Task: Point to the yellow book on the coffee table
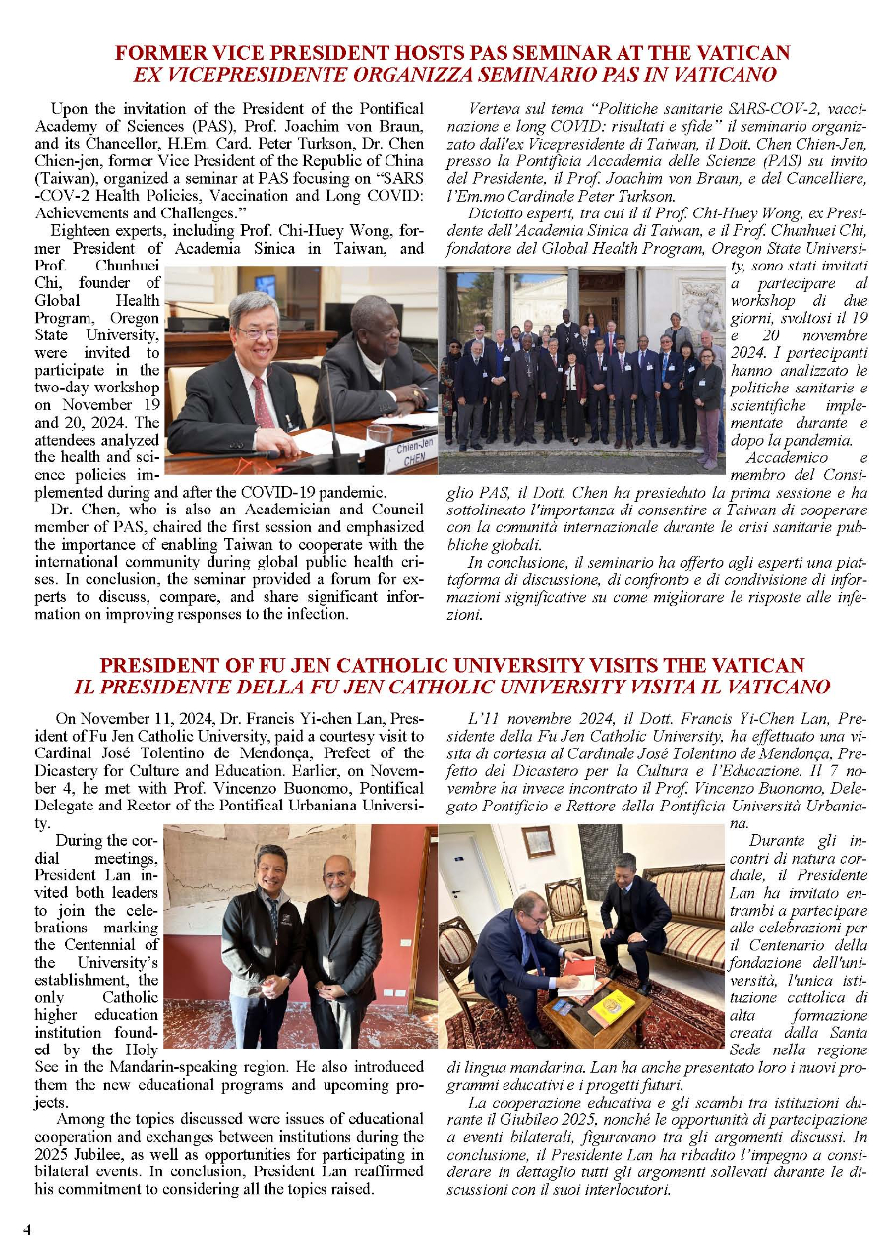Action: click(613, 1005)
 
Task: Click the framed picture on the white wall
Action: click(538, 842)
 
